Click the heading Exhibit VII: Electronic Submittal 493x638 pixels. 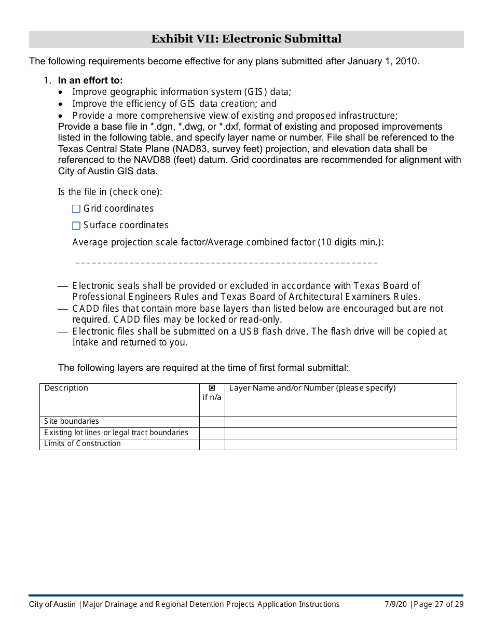tap(246, 39)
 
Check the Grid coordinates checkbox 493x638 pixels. tap(76, 209)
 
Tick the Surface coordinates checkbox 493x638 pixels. tap(76, 226)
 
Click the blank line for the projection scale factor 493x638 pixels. tap(226, 262)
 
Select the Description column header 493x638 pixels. tap(66, 388)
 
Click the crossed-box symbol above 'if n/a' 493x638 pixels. tap(212, 388)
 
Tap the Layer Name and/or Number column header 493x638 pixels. tap(312, 388)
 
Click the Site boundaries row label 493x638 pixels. tap(72, 421)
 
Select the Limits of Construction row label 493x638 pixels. tap(83, 443)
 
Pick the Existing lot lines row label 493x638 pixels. tap(116, 433)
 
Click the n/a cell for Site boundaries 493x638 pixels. tap(212, 422)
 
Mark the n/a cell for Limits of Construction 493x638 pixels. tap(212, 444)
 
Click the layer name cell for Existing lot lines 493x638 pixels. tap(340, 433)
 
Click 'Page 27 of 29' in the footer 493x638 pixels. tap(439, 604)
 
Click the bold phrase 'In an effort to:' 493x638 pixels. tap(90, 80)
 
